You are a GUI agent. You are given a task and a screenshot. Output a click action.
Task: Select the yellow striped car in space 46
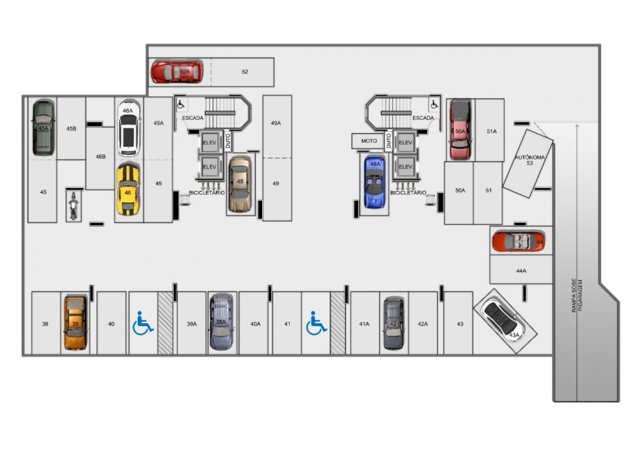[128, 189]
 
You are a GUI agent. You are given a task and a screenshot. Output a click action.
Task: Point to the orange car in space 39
[75, 322]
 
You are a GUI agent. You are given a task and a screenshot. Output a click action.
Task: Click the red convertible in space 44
[519, 241]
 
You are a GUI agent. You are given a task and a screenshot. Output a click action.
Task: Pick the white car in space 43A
[503, 319]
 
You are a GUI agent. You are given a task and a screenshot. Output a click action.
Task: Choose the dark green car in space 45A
[44, 127]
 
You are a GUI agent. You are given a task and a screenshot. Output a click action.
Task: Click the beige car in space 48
[240, 185]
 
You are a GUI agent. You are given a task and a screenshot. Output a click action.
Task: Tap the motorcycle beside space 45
[73, 206]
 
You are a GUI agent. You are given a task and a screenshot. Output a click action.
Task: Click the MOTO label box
[369, 140]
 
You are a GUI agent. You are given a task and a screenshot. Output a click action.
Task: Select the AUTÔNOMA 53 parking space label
[528, 161]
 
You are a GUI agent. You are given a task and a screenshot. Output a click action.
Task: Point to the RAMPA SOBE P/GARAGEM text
[577, 296]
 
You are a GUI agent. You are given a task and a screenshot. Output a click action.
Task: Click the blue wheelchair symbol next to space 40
[143, 323]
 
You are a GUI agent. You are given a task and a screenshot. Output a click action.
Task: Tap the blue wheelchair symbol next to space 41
[316, 323]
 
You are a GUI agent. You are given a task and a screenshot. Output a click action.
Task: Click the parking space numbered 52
[245, 71]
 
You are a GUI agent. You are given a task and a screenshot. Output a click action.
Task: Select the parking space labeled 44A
[521, 271]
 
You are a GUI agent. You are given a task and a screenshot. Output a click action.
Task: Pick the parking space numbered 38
[45, 324]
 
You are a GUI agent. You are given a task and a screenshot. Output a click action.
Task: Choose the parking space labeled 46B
[100, 157]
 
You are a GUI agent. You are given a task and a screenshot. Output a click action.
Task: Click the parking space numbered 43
[459, 324]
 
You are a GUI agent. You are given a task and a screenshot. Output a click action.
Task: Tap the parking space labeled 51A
[491, 131]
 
